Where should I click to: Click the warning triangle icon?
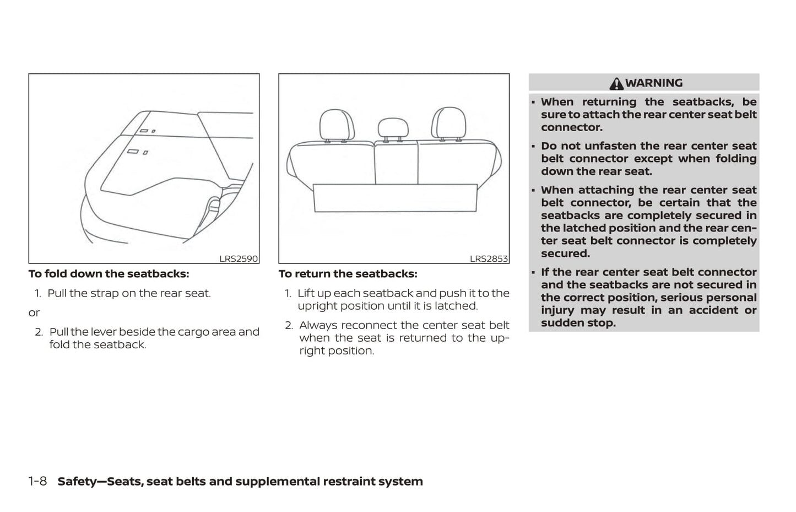click(x=616, y=84)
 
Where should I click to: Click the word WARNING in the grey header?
click(x=654, y=83)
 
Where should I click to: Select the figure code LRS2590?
click(x=238, y=258)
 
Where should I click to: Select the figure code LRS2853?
click(x=489, y=258)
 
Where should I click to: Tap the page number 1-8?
click(x=37, y=481)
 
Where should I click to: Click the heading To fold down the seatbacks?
click(x=109, y=274)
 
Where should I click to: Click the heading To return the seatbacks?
click(x=348, y=274)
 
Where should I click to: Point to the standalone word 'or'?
click(x=34, y=313)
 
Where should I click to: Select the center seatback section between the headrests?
click(x=396, y=163)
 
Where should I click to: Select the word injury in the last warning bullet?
click(x=557, y=310)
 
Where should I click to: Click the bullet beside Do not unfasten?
click(x=533, y=147)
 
